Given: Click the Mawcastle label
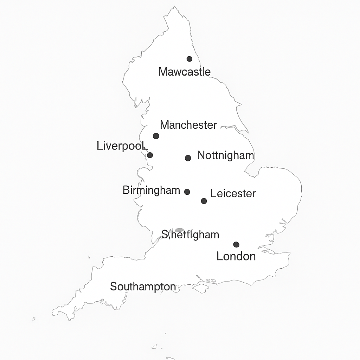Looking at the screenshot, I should (x=185, y=72).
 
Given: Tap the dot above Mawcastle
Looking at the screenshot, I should (x=189, y=59).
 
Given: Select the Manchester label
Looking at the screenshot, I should (x=188, y=125).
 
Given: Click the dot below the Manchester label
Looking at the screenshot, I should (x=156, y=136).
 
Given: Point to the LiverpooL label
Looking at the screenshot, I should (x=122, y=146).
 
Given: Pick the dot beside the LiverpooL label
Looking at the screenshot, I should (x=150, y=155).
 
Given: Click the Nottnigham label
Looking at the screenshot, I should (x=225, y=155).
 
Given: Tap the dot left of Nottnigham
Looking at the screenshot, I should (x=188, y=158).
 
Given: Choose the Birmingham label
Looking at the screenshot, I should (x=152, y=190).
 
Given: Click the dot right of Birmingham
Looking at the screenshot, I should (x=187, y=192).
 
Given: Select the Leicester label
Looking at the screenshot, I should (x=233, y=193).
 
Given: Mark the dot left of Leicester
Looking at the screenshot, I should (x=204, y=201).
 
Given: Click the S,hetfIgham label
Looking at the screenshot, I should (x=190, y=234).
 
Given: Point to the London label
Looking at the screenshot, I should (x=236, y=256).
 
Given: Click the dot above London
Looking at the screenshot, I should (x=236, y=245).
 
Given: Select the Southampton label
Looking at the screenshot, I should (x=143, y=287).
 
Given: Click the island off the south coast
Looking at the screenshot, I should (x=200, y=288).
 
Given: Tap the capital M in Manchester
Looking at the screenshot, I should (x=164, y=125).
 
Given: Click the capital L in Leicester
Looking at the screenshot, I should (x=213, y=193).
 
